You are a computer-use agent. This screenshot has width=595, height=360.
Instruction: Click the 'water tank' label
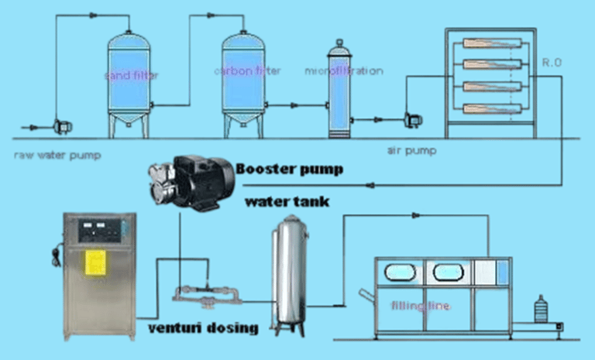tap(287, 202)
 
